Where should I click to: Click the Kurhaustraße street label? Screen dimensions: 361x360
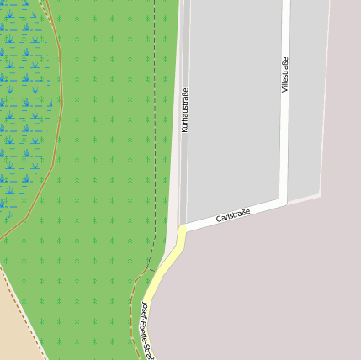point(184,110)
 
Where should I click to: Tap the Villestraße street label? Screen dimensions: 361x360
point(285,75)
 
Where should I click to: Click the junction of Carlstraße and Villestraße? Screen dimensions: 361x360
point(285,202)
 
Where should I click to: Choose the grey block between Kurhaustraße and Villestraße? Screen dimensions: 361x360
point(234,109)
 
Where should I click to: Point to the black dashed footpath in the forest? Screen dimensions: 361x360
point(156,126)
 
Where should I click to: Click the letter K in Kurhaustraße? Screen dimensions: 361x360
point(184,130)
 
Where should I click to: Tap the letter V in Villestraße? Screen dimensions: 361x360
point(285,89)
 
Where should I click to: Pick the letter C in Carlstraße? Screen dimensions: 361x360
point(218,220)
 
